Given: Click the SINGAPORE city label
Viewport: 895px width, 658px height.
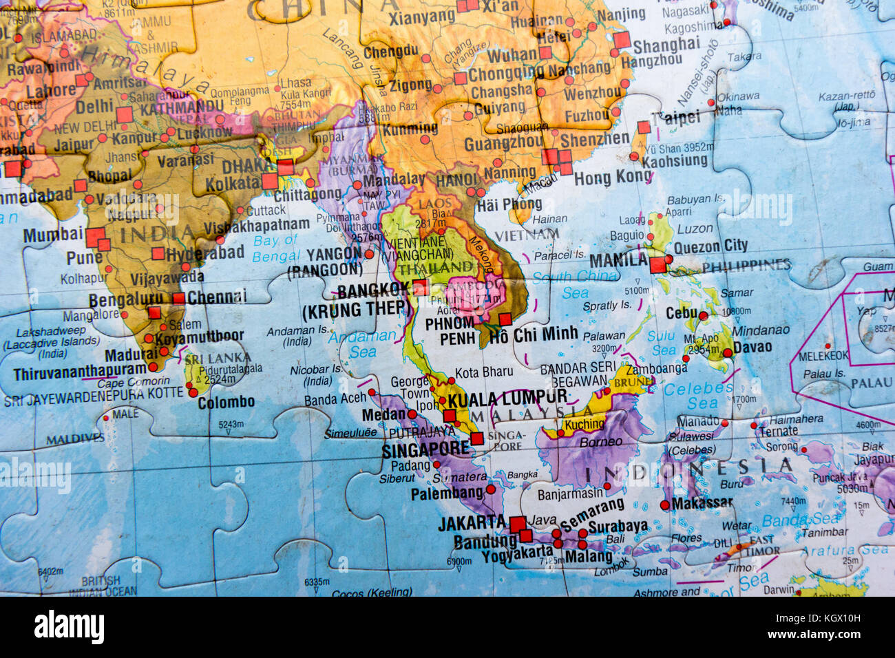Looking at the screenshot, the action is (x=425, y=449).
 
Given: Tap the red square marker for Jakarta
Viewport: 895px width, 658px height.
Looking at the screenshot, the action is (x=518, y=524).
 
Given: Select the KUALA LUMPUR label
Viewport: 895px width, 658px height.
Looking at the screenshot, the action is (x=507, y=398).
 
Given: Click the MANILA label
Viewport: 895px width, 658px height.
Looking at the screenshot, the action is (x=618, y=260).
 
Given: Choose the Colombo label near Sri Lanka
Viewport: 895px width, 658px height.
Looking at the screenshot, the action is (x=226, y=402).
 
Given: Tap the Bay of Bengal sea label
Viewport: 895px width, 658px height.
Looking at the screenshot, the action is (x=275, y=248).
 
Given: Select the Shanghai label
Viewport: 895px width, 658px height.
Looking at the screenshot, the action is (x=666, y=45).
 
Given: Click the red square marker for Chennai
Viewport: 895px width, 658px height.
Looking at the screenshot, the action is (x=179, y=298).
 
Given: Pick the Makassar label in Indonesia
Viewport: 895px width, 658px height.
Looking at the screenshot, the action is (x=702, y=503).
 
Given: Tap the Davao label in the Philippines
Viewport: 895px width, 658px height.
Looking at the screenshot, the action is (x=752, y=348).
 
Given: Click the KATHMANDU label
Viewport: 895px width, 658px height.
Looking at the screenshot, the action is (x=182, y=108).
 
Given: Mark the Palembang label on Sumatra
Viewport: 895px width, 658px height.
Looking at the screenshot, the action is (x=447, y=493).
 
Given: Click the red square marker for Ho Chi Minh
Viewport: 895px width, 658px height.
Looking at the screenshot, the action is (x=505, y=319).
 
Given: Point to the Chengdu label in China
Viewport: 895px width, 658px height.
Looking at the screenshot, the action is (x=390, y=51).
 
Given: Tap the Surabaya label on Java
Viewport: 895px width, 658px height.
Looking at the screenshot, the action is (x=618, y=527).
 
